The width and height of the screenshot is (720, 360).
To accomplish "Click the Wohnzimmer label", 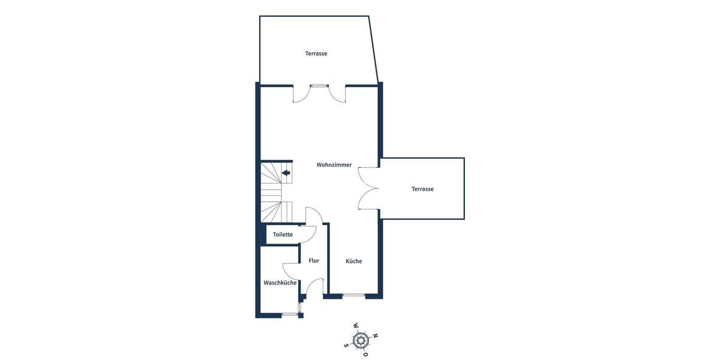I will (334, 164).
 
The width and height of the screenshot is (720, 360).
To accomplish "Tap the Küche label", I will (353, 261).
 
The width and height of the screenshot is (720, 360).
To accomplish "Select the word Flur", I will (314, 260).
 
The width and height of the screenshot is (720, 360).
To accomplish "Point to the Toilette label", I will (283, 234).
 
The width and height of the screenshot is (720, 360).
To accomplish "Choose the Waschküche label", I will (280, 283).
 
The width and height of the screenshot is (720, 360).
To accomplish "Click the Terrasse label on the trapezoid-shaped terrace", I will (316, 53).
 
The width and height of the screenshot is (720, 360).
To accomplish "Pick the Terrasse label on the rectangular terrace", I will (422, 189).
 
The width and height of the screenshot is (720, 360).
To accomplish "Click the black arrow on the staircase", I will (286, 173).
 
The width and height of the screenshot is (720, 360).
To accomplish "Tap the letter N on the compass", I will (376, 336).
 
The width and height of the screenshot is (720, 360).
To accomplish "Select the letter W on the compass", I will (355, 326).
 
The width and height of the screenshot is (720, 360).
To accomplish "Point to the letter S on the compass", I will (346, 345).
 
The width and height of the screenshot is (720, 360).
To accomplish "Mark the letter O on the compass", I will (365, 355).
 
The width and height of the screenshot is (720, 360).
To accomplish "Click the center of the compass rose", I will (360, 341).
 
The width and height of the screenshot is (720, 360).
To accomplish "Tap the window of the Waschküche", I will (290, 314).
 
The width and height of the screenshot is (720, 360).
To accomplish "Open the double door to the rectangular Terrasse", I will (367, 188).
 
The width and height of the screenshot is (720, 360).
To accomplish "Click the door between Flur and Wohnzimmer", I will (314, 215).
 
